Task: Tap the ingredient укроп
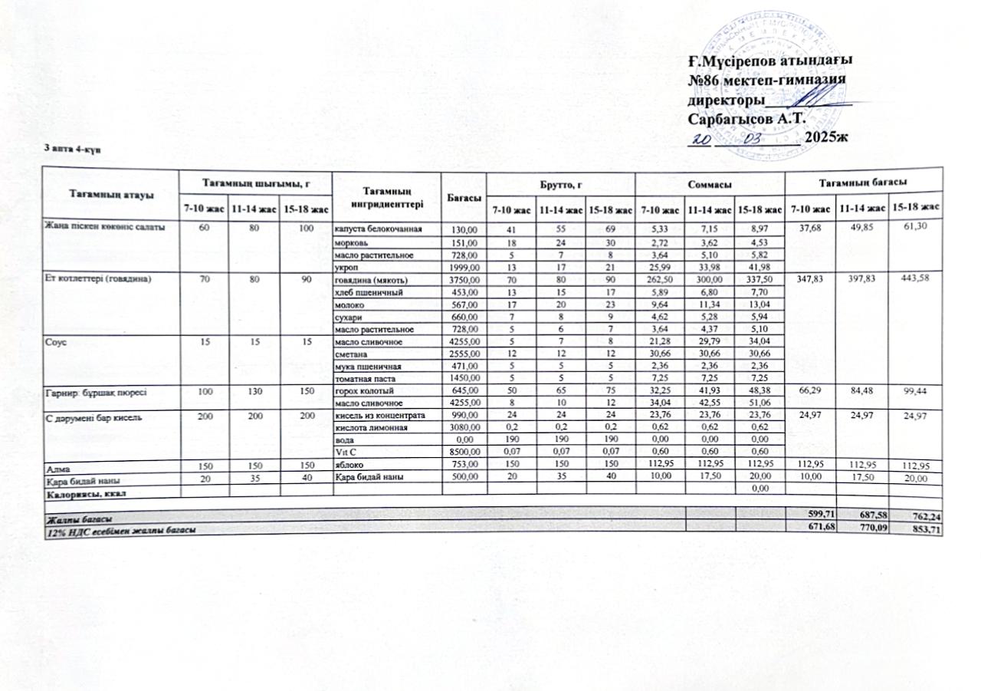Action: [x=347, y=265]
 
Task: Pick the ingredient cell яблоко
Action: [x=349, y=466]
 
